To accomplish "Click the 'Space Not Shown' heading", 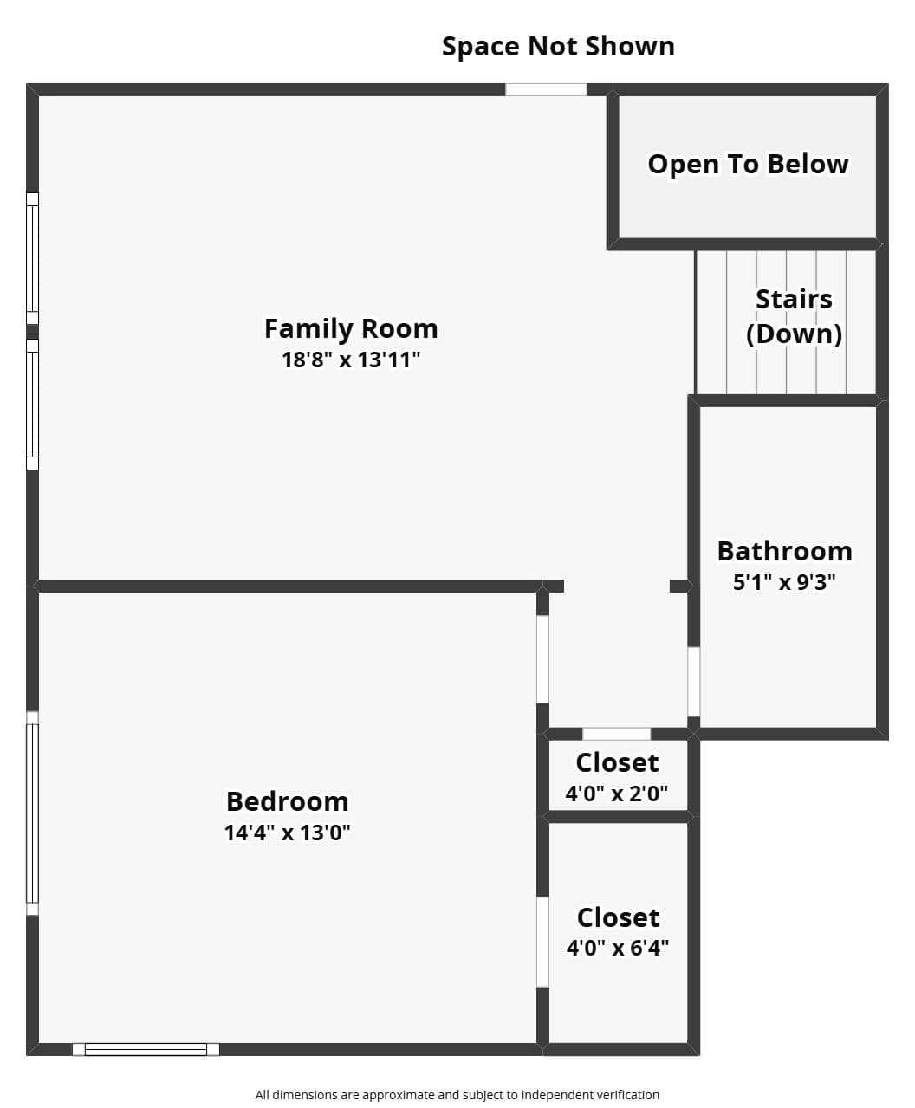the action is click(558, 47).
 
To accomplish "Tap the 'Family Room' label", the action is click(351, 328).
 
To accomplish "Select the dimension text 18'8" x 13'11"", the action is click(351, 360).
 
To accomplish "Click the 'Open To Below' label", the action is click(748, 164).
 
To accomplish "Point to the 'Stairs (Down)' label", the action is click(794, 317).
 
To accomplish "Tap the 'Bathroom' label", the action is click(784, 551).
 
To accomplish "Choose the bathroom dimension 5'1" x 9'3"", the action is click(784, 582).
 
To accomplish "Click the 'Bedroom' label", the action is click(287, 801).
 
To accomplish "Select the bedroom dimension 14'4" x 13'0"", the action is click(287, 832).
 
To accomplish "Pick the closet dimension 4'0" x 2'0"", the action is click(617, 794).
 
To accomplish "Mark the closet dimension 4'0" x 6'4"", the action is click(618, 947).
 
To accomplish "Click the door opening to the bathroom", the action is click(693, 682).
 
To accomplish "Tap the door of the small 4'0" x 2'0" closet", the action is click(616, 734).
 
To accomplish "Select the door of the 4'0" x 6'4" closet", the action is click(542, 942).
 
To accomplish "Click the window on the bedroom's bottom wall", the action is click(146, 1049).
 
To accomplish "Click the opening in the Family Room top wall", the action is click(546, 90).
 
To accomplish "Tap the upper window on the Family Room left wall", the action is click(32, 258).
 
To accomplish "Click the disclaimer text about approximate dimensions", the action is click(457, 1091).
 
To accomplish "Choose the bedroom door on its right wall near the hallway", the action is click(542, 659).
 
